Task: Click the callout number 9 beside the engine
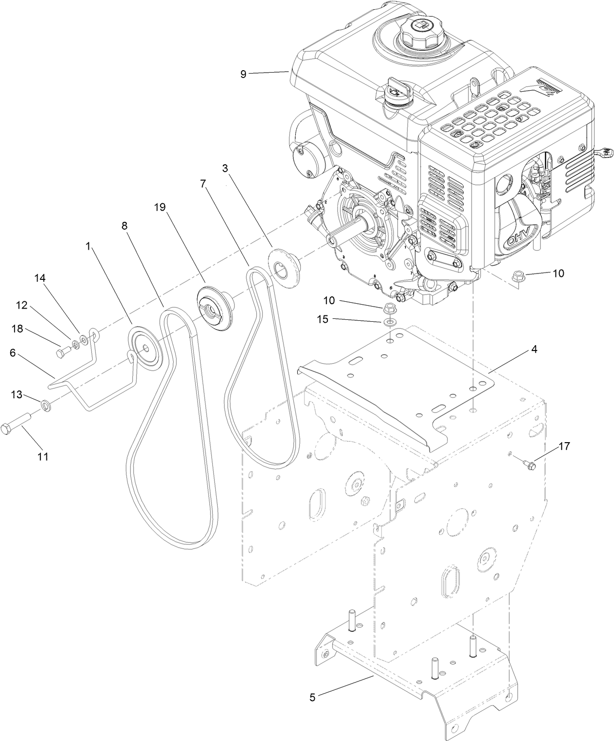[243, 74]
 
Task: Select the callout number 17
[564, 446]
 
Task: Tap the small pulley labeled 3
[283, 264]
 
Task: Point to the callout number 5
[312, 697]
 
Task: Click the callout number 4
[534, 349]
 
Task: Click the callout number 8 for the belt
[124, 226]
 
